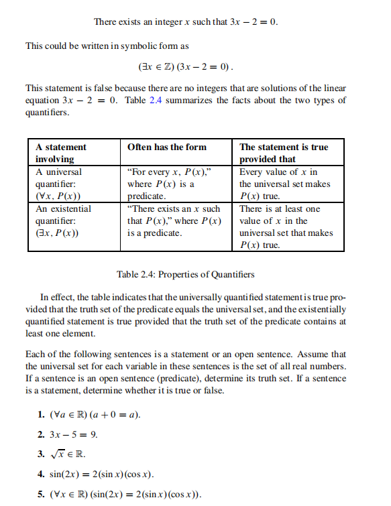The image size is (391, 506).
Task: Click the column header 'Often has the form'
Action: coord(167,147)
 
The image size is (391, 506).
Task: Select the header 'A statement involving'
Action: coord(61,153)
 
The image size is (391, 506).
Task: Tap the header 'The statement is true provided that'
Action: coord(284,153)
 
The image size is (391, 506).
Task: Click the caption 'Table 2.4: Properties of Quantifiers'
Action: coord(186,275)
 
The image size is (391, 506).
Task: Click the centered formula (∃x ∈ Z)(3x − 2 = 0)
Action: coord(186,68)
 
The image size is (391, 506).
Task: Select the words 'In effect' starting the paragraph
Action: coord(57,297)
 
